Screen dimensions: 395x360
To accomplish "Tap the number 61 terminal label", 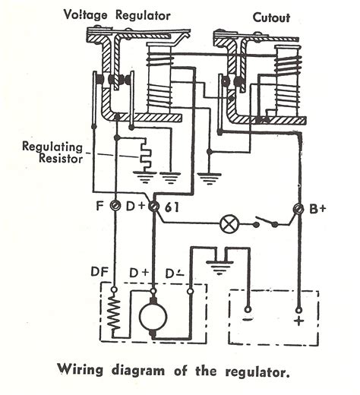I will (172, 207).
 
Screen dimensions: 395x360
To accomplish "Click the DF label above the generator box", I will (99, 270).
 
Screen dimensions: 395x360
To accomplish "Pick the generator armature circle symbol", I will (154, 318).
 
